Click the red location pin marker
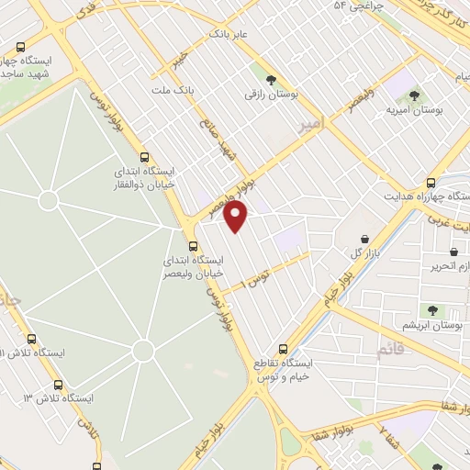pos(236,217)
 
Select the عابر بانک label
pos(229,33)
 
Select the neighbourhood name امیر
pos(311,122)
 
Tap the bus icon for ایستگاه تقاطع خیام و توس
pos(283,348)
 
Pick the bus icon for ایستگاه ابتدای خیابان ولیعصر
pos(193,246)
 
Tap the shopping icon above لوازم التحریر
pos(453,251)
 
